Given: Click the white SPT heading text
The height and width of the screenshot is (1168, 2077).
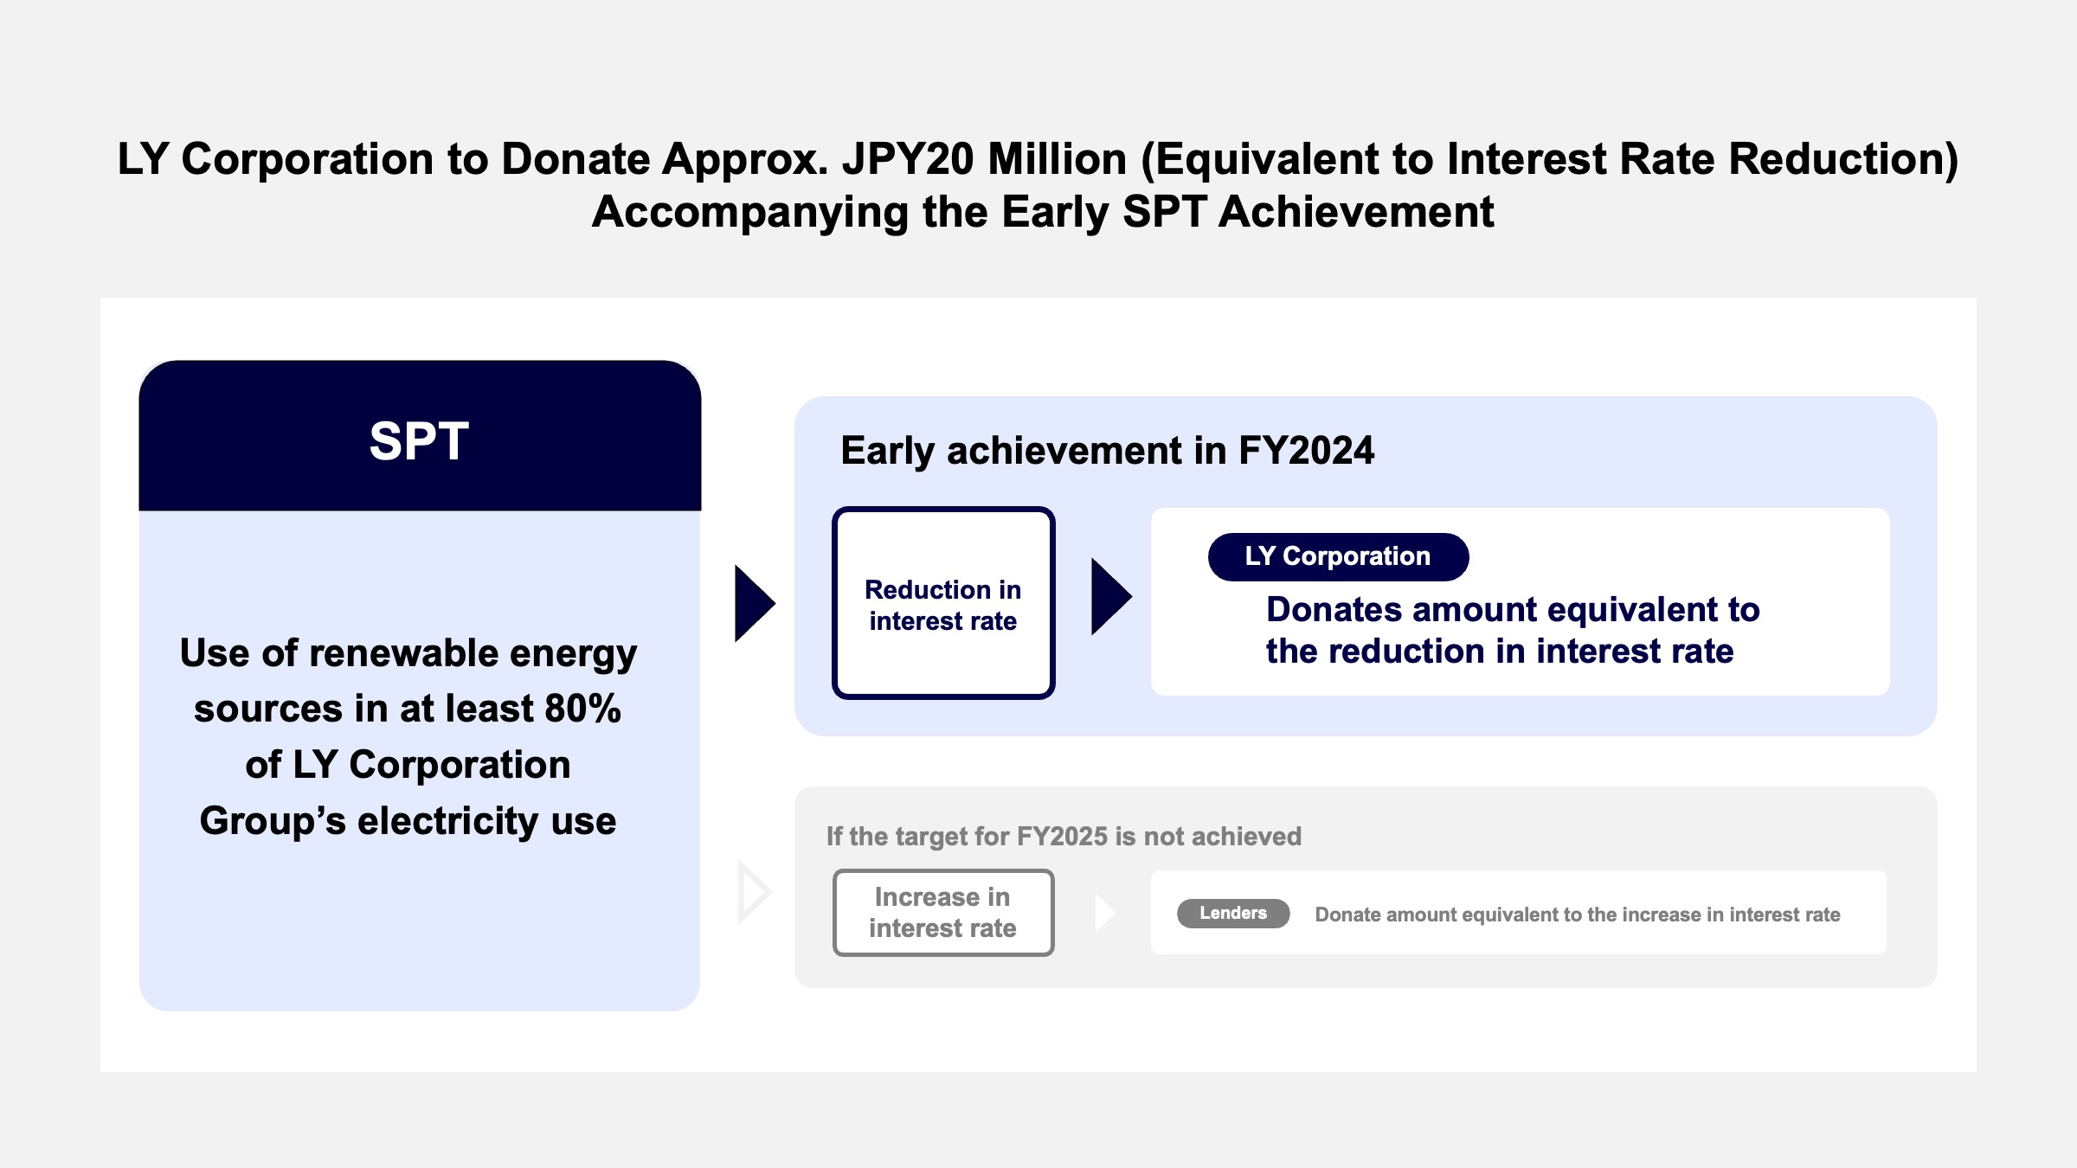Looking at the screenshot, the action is point(419,441).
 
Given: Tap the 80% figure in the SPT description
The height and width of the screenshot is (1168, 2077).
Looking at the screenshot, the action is point(582,709).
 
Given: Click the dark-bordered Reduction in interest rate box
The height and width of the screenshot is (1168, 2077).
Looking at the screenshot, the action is point(943,603).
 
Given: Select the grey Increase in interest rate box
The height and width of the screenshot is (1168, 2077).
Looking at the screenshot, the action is point(943,913).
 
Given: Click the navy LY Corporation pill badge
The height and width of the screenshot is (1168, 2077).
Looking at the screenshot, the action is point(1338,556).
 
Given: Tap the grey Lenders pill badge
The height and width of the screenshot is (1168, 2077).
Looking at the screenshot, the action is point(1233,914).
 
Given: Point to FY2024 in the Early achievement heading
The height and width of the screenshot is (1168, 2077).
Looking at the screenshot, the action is point(1306,451).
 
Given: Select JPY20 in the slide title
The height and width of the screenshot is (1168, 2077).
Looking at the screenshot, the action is point(908,159).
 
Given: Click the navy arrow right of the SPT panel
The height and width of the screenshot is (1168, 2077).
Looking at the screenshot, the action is point(754,604).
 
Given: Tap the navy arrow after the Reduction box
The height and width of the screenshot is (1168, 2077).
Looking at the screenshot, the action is point(1111,597).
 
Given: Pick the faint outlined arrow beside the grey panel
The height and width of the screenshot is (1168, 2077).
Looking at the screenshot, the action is point(754,892).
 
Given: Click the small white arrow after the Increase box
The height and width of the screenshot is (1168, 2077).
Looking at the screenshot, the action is point(1105,913).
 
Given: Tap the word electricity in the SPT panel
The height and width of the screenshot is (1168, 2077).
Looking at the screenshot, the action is point(448,821).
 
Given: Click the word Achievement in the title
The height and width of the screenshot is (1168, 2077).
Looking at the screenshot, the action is point(1356,212).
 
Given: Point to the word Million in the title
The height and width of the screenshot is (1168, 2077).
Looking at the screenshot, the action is point(1058,159).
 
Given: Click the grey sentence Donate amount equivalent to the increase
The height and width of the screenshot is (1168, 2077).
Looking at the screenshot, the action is point(1577,915).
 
